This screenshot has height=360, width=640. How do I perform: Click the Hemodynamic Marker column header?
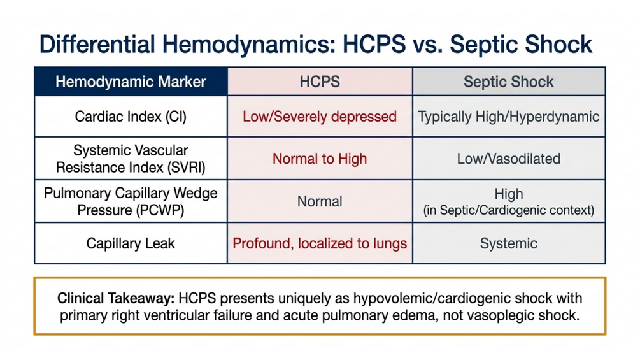pos(131,82)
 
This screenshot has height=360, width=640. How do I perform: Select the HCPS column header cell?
pos(320,82)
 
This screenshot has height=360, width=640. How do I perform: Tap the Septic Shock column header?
pos(509,82)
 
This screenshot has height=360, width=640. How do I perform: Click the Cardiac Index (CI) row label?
pos(131,117)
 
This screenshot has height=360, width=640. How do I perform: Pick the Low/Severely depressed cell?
pos(320,117)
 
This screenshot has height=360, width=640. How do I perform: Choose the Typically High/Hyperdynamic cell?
pos(509,117)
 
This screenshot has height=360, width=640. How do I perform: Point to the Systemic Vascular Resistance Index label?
pos(131,159)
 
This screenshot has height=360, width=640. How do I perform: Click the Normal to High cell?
pos(320,159)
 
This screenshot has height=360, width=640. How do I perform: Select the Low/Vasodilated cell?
pos(509,159)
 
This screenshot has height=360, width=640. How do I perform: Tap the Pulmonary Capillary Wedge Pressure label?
pos(131,201)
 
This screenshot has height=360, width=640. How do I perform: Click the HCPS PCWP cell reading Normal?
pos(320,201)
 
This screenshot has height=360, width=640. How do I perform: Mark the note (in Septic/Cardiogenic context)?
pos(509,210)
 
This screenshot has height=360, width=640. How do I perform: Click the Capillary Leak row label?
pos(131,243)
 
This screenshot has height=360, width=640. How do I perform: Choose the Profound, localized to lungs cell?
pos(320,243)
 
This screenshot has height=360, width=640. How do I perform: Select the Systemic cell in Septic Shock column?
pos(509,243)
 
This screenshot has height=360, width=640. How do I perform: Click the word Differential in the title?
pos(97,45)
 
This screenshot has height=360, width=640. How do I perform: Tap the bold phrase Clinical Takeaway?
pos(116,298)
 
